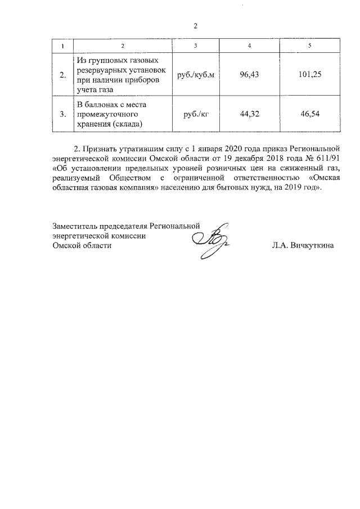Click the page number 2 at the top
point(195,26)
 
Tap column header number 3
point(195,45)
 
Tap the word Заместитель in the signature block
point(73,227)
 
